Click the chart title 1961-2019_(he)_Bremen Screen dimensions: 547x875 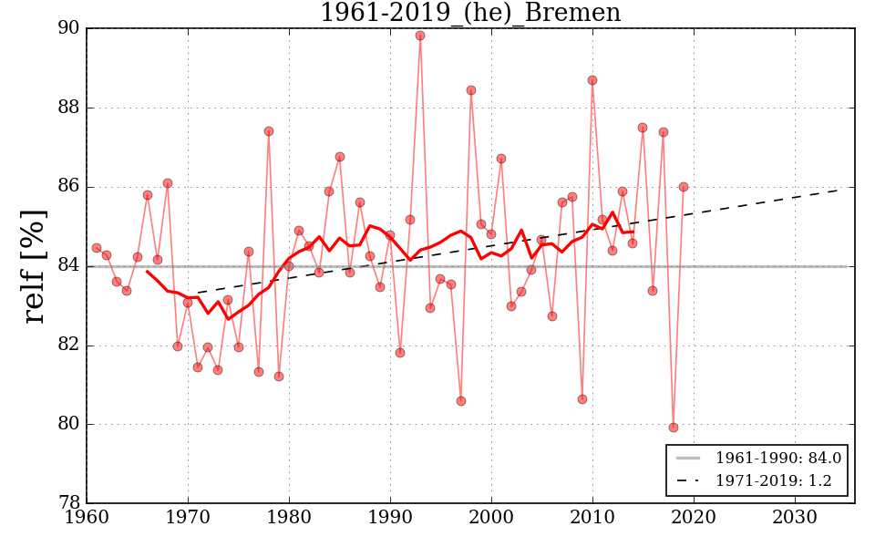470,14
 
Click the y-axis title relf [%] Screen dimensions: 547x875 34,266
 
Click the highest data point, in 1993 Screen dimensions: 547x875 420,36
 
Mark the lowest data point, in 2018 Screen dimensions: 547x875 674,428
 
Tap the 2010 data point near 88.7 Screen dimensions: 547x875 592,80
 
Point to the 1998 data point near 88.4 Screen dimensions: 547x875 471,90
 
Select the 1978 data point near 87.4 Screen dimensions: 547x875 269,131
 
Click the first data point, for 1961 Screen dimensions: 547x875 97,248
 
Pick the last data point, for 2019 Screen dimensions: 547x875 684,187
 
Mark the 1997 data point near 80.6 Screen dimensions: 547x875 461,401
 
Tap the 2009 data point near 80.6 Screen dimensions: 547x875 582,399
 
